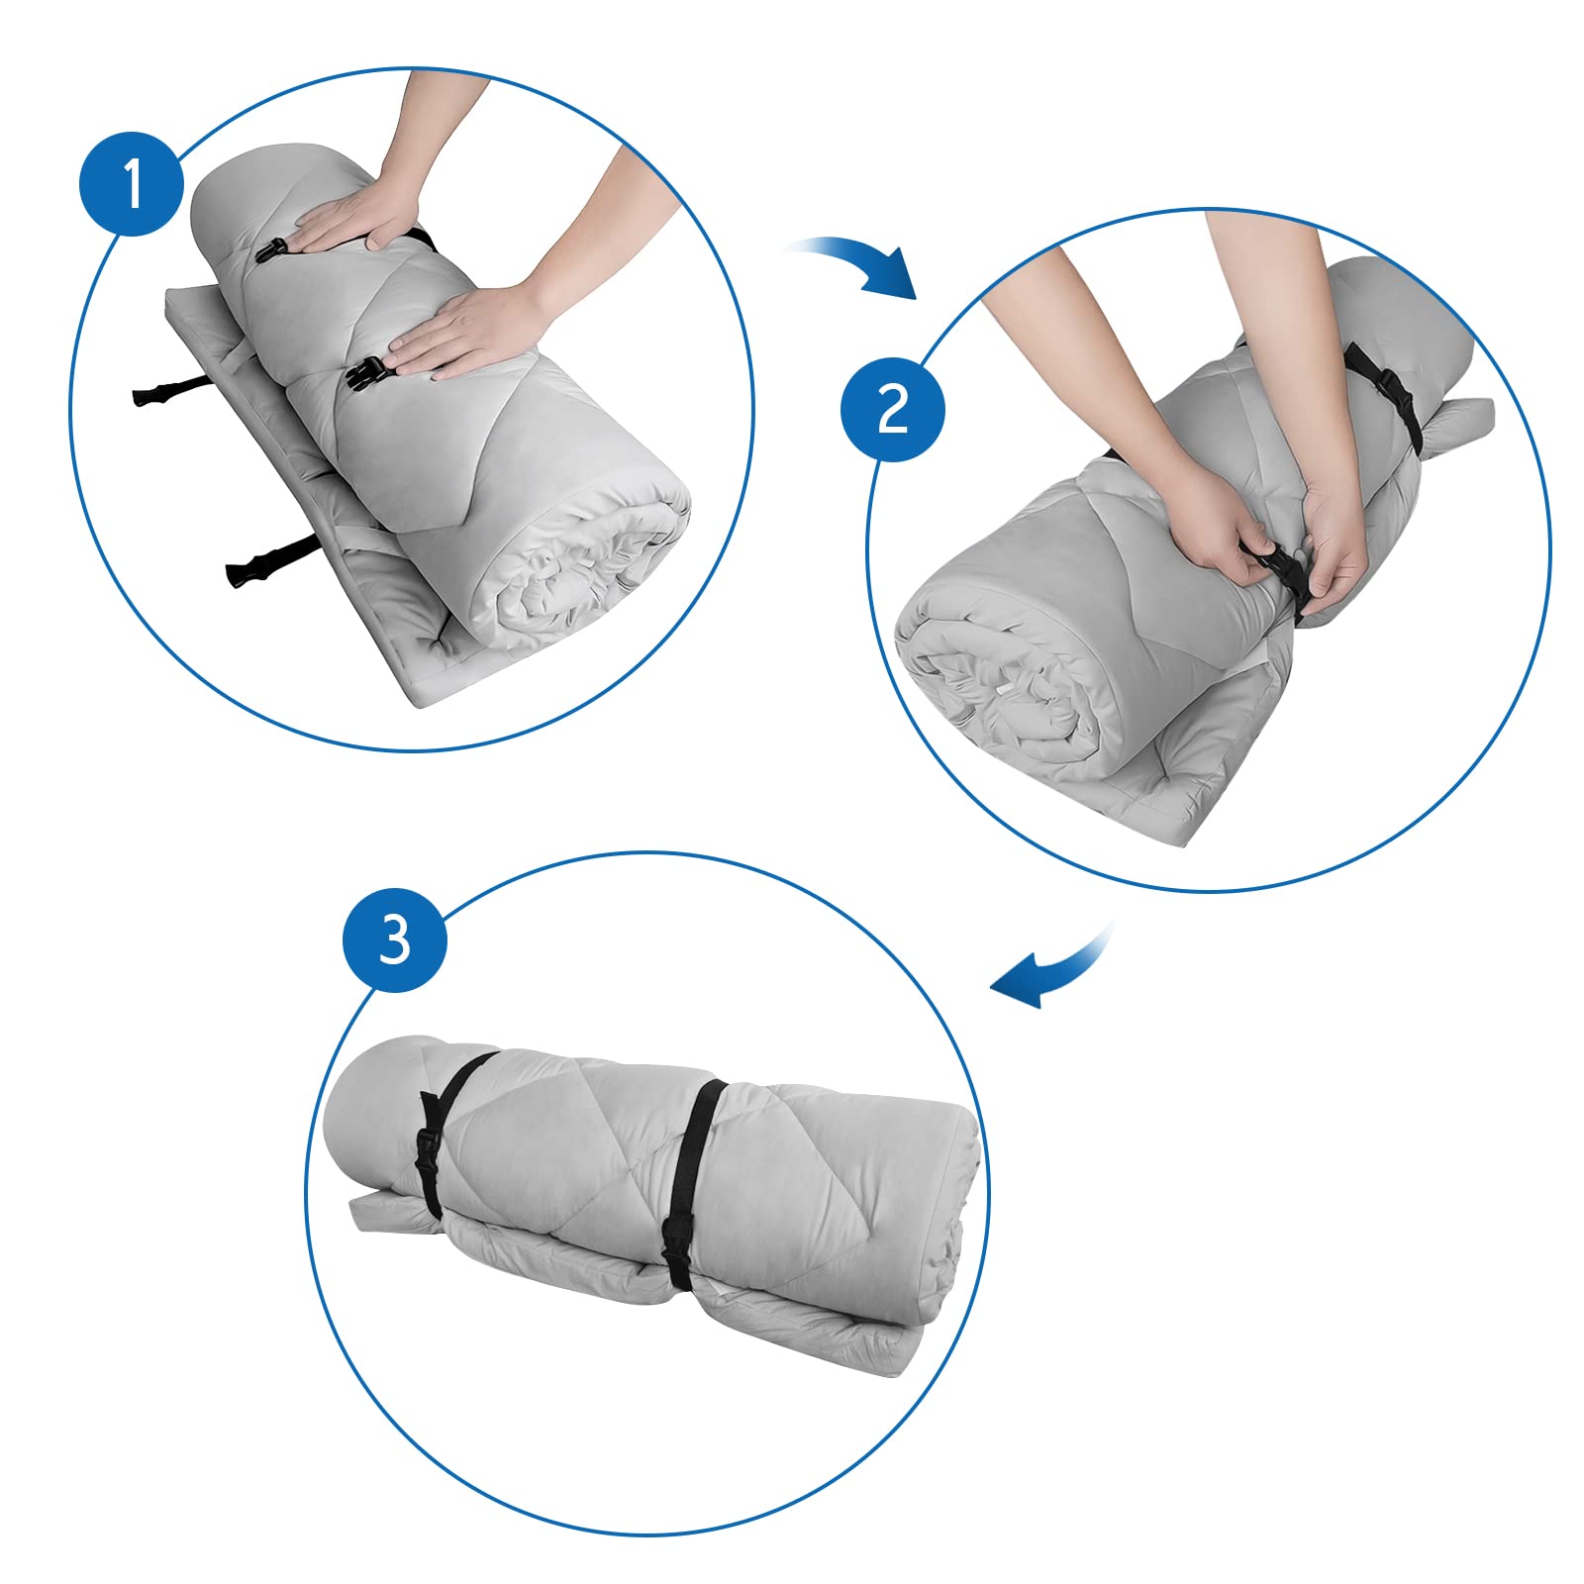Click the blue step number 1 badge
click(x=132, y=183)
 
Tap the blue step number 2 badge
click(x=893, y=408)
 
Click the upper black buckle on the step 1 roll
click(x=270, y=249)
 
